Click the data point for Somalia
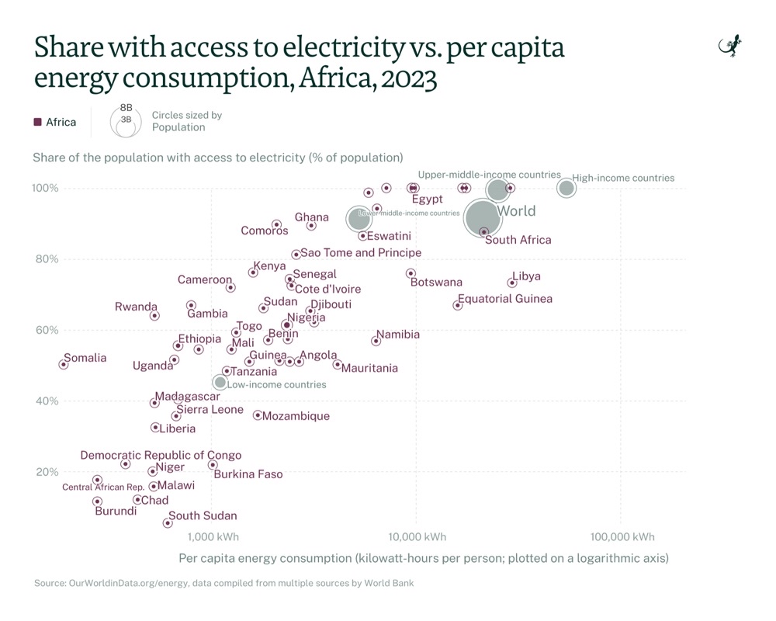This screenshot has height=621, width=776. pos(64,364)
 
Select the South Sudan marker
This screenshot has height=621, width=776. pos(168,523)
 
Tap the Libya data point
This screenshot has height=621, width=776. pos(512,283)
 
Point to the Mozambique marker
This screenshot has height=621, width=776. pos(258,415)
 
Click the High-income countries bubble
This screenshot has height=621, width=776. pos(566,188)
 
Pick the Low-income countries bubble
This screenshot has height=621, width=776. pos(220,382)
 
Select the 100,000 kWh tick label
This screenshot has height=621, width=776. pos(623,536)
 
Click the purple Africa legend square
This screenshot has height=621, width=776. pos(37,122)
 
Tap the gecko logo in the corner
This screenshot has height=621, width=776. pos(730,47)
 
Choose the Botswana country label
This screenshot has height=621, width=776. pos(436,282)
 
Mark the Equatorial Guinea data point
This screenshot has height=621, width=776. pos(458,305)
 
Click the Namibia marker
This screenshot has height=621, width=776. pos(376,341)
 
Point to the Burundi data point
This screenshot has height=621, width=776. pos(97,501)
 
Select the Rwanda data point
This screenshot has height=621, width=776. pos(154,315)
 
